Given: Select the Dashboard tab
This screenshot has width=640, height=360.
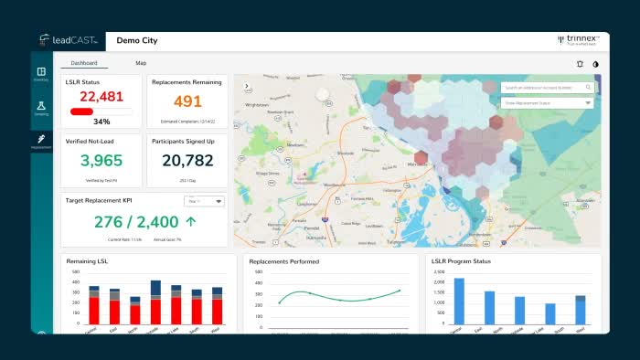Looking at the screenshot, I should coord(84,63).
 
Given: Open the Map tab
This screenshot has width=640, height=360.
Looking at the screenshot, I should coord(141,63).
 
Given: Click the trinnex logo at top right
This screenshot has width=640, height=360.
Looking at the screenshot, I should coord(576,40).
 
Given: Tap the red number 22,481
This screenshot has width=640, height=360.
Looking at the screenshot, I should coord(101,96).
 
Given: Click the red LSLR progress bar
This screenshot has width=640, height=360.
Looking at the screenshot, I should coord(82,111).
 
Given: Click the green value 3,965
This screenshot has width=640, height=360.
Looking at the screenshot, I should coord(101,161).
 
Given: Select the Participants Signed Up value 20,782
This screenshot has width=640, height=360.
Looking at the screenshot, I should coord(187,161).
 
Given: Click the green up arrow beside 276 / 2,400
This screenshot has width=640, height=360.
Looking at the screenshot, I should coord(190,221).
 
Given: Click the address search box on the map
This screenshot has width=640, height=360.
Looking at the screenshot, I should coord(548,88).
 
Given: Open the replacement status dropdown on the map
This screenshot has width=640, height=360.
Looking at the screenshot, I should coord(548,103).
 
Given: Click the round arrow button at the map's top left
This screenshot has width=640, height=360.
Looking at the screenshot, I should coord(246,87).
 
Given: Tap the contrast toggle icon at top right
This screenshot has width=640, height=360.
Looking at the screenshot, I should coord(595,64).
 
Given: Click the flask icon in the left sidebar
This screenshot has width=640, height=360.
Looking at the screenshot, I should coord(42,106).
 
